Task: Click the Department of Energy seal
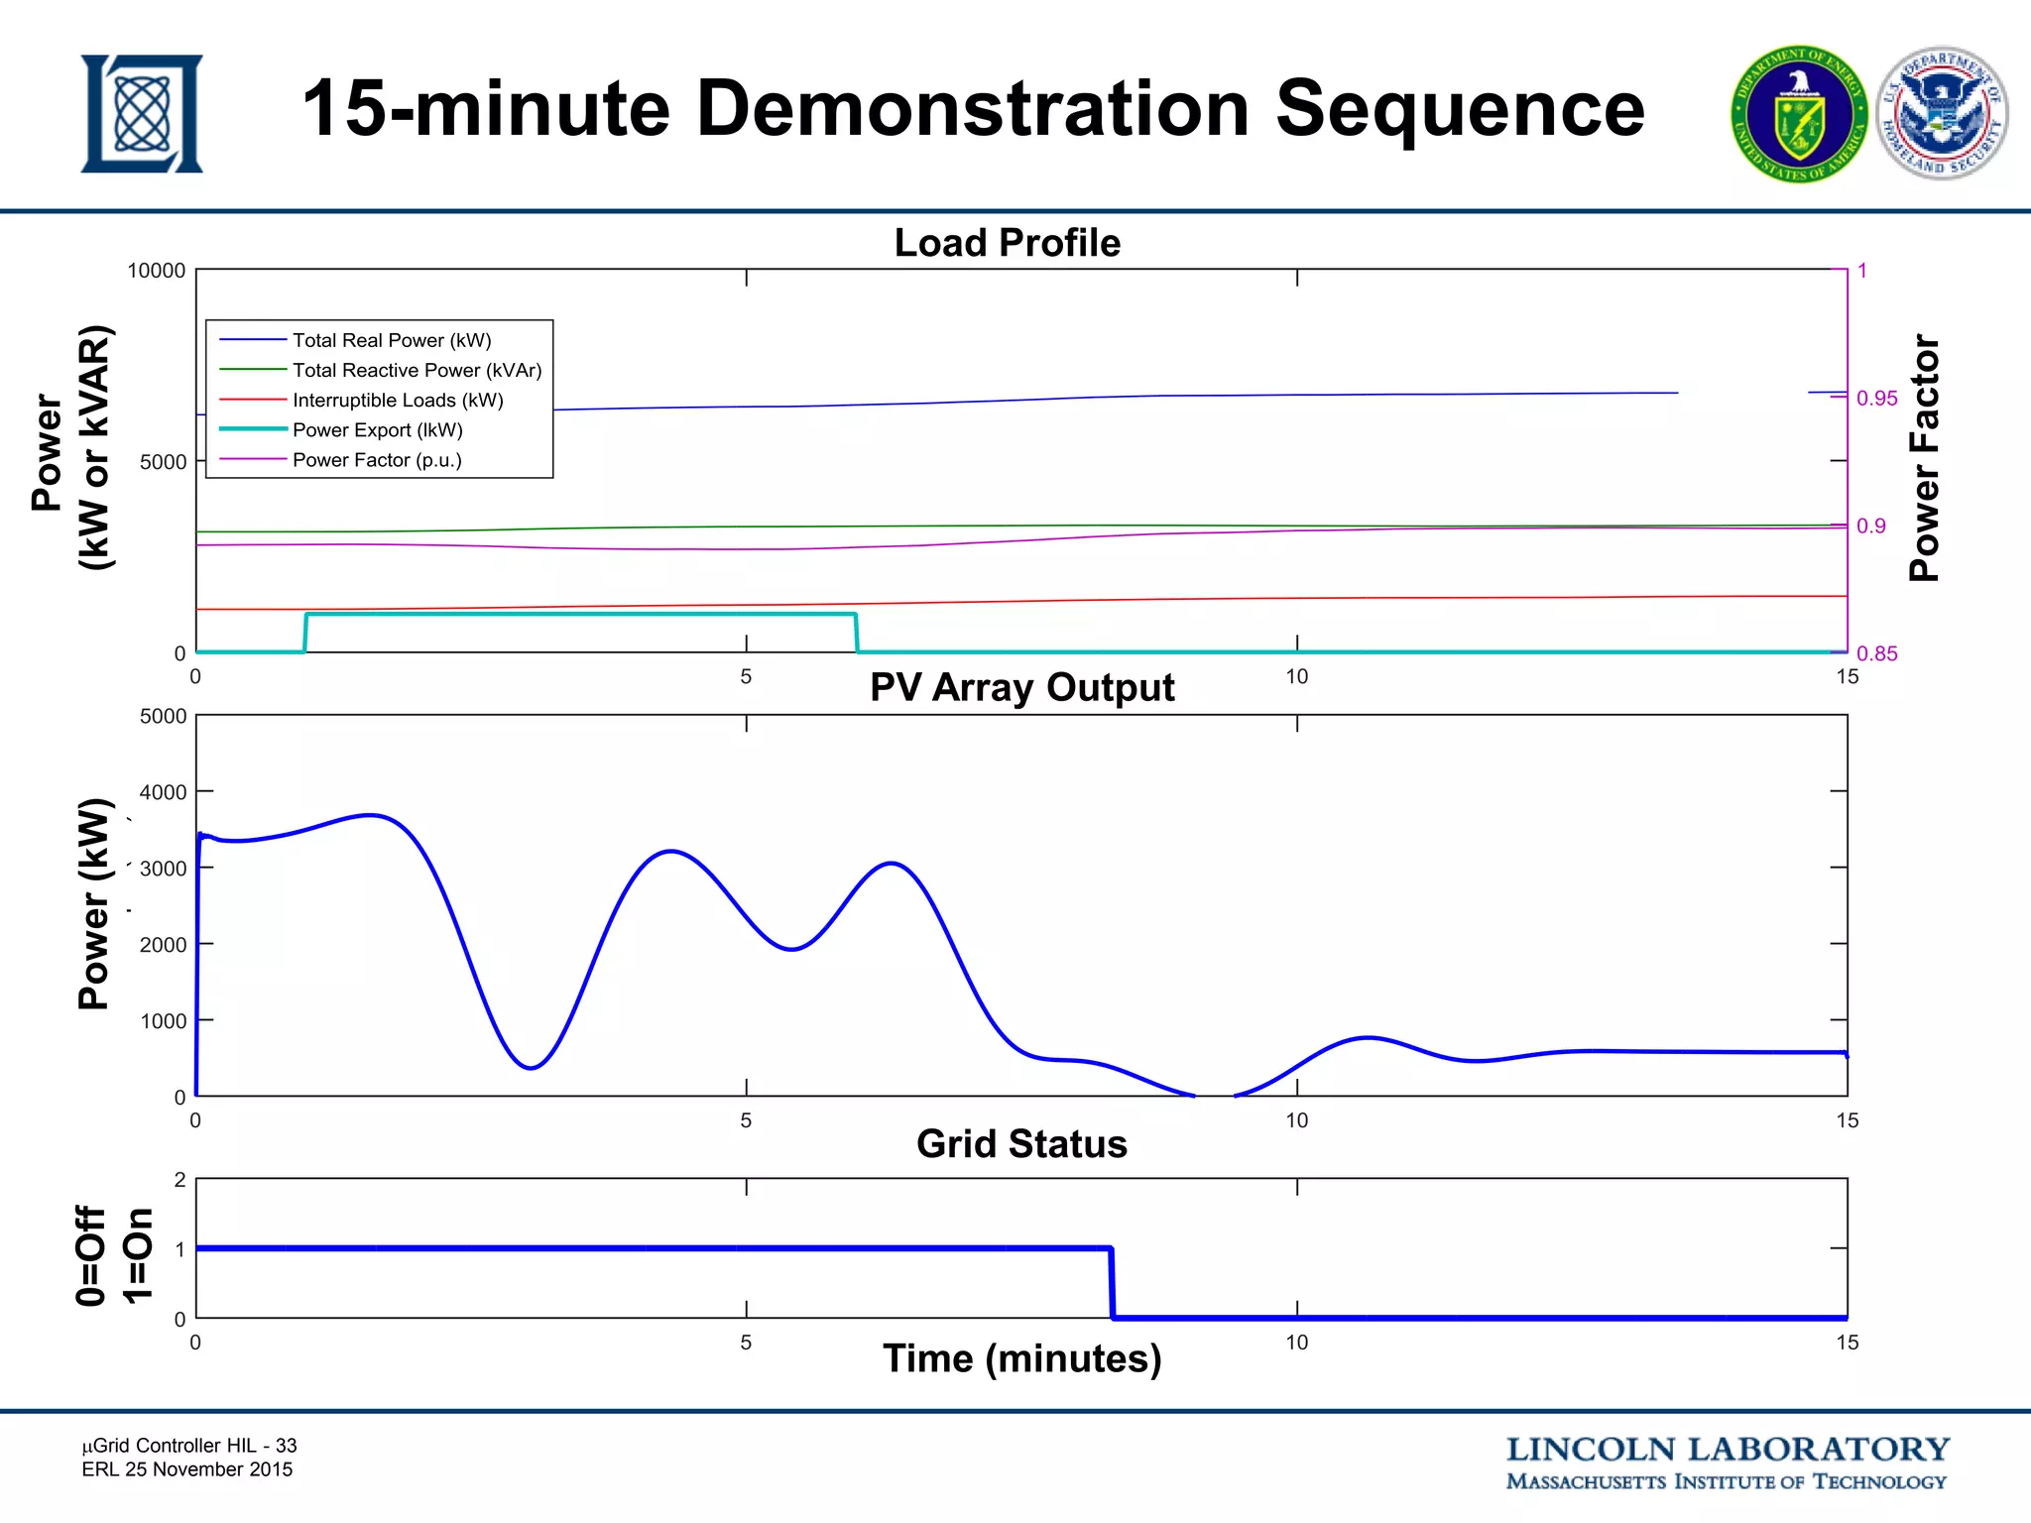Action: [x=1799, y=115]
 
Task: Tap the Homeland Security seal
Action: [x=1942, y=115]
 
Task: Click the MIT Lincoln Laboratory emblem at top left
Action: [x=142, y=113]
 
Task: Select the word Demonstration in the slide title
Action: [x=972, y=109]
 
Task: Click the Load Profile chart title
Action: [x=1007, y=243]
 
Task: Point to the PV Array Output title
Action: [x=1021, y=687]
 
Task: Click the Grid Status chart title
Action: [x=1021, y=1143]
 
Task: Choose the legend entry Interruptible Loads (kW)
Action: [x=398, y=400]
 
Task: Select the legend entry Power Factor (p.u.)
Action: [x=377, y=460]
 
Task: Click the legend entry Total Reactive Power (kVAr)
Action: [x=417, y=370]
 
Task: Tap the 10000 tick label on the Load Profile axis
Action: [x=156, y=271]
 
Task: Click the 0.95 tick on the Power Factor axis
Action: [x=1876, y=399]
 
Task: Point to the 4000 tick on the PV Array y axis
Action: [x=163, y=792]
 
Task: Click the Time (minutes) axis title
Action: [x=1021, y=1358]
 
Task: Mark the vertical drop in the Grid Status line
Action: [x=1112, y=1283]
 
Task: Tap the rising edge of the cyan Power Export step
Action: [x=305, y=633]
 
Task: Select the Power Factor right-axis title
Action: [x=1924, y=458]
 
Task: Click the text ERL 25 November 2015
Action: [x=187, y=1469]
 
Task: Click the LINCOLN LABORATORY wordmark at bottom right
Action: [x=1727, y=1450]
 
